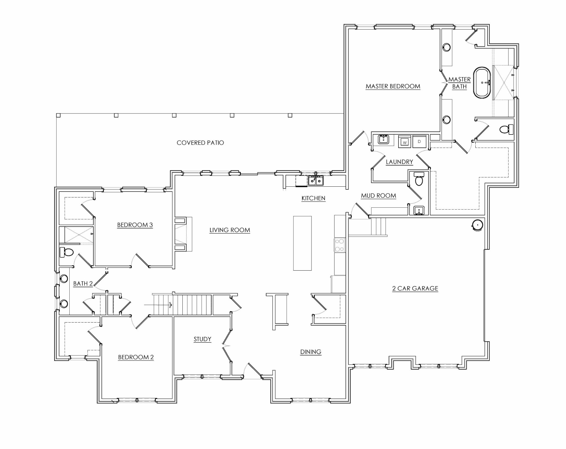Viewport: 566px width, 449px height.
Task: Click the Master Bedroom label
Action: coord(393,86)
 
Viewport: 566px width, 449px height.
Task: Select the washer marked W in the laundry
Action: coord(405,142)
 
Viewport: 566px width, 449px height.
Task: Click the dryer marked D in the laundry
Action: coord(419,141)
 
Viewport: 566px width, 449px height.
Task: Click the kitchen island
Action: coord(302,243)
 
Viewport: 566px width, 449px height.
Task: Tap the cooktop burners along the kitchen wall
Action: coord(340,245)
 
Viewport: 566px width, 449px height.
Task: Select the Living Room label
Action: coord(230,230)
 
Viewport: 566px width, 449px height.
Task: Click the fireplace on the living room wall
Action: coord(183,234)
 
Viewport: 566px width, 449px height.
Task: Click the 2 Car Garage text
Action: coord(415,289)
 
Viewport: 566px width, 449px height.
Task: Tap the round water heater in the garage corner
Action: coord(477,225)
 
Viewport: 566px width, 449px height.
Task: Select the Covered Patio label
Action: coord(200,143)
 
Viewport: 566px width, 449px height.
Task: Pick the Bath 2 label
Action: coord(83,284)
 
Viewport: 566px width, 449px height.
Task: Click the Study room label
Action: coord(202,339)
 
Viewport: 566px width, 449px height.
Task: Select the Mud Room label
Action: coord(378,196)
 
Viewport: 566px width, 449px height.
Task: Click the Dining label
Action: coord(311,352)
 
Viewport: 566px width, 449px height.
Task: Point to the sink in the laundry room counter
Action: coord(383,139)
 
